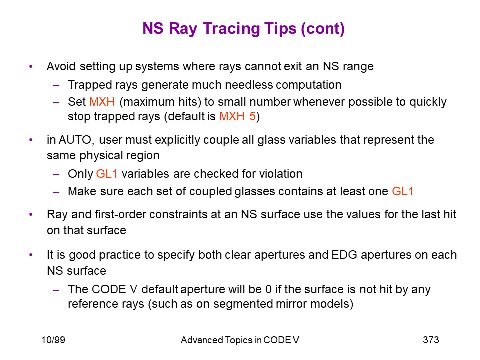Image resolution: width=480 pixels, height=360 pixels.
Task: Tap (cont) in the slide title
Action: click(x=323, y=29)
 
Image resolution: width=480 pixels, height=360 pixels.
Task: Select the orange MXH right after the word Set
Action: click(x=102, y=102)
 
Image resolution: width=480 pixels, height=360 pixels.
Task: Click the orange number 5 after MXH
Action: click(x=252, y=116)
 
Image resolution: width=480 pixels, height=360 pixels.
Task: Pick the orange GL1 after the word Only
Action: click(x=107, y=174)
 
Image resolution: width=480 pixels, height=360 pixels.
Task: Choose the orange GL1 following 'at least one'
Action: click(x=403, y=191)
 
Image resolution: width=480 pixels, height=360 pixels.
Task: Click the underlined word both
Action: click(x=210, y=255)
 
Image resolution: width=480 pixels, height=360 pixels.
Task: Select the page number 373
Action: click(x=431, y=340)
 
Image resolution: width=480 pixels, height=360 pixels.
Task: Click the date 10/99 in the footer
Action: click(x=53, y=340)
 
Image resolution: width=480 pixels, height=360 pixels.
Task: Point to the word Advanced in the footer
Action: click(x=202, y=340)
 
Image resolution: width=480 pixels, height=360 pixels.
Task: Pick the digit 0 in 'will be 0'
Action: click(x=269, y=290)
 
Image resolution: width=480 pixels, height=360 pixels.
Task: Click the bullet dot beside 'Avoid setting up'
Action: click(x=31, y=66)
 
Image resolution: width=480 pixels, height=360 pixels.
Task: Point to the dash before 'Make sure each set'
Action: click(x=56, y=192)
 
